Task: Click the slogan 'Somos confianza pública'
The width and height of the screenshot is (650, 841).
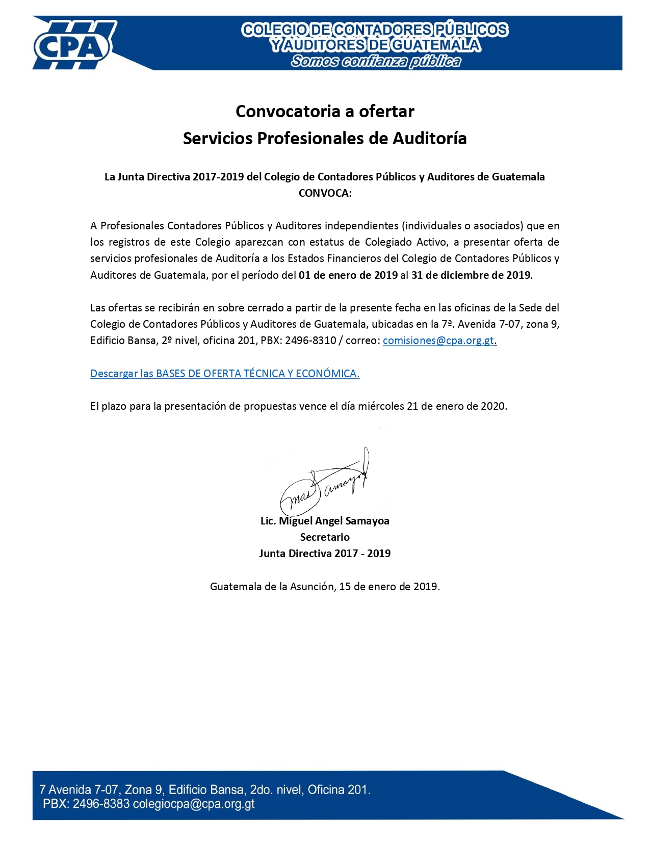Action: [x=376, y=61]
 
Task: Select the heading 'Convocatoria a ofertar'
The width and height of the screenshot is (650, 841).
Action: [x=325, y=111]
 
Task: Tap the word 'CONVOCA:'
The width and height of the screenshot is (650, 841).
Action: [x=325, y=193]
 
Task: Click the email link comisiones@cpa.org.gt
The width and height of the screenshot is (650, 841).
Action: [x=438, y=340]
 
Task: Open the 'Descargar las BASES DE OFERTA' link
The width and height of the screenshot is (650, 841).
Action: [x=225, y=374]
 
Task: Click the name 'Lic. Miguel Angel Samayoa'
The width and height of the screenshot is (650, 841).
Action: [x=325, y=521]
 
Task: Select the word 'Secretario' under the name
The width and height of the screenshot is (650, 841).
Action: [x=325, y=537]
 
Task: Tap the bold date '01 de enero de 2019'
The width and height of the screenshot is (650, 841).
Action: [x=348, y=275]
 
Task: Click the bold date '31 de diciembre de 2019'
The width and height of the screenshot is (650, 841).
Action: [x=471, y=275]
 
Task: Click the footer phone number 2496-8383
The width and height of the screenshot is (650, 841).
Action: [x=101, y=804]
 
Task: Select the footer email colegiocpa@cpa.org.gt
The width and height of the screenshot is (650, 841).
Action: [x=194, y=804]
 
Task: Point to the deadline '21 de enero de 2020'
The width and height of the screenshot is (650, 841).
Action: [x=457, y=406]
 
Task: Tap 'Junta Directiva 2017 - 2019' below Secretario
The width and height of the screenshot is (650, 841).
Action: [x=325, y=554]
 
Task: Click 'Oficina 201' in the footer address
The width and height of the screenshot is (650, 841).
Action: [x=338, y=790]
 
